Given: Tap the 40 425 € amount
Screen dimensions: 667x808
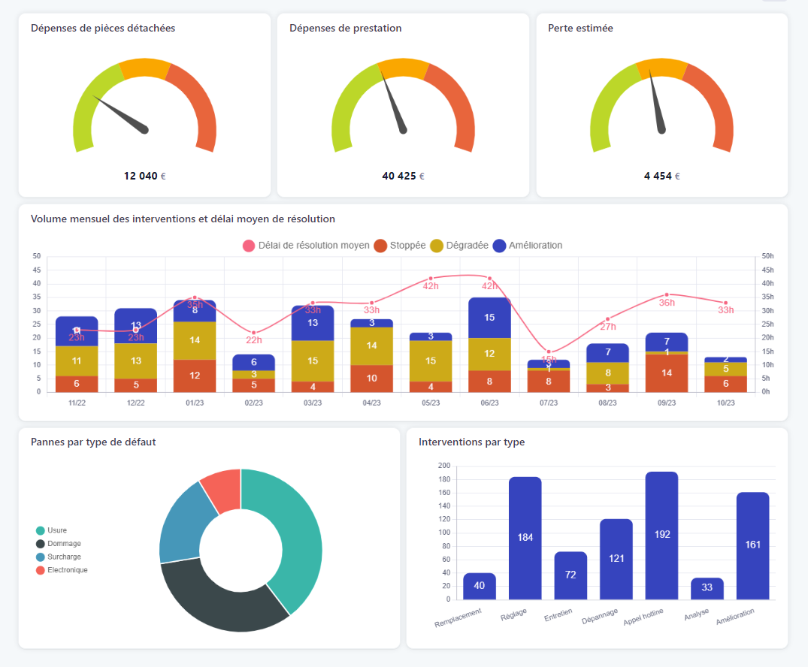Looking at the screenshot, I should pyautogui.click(x=403, y=176).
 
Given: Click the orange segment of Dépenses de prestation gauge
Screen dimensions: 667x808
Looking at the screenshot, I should pyautogui.click(x=404, y=68).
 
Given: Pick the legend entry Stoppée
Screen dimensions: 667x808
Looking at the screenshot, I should pyautogui.click(x=401, y=246).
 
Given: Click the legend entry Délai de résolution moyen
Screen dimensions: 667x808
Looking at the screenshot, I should pyautogui.click(x=306, y=246).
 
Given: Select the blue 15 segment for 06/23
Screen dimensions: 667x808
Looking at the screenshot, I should pyautogui.click(x=489, y=317).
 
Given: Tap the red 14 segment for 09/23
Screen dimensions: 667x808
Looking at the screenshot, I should pyautogui.click(x=667, y=373).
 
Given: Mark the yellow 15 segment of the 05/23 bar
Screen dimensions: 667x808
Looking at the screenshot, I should pyautogui.click(x=431, y=361).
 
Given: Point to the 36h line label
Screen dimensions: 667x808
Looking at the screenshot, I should pyautogui.click(x=667, y=303).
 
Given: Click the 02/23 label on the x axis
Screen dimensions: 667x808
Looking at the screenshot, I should pyautogui.click(x=253, y=403).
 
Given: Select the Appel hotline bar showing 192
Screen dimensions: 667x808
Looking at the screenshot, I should pyautogui.click(x=661, y=535).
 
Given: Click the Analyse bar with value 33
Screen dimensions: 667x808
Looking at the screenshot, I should pyautogui.click(x=707, y=588).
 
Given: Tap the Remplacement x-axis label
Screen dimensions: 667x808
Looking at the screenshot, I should pyautogui.click(x=458, y=617).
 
